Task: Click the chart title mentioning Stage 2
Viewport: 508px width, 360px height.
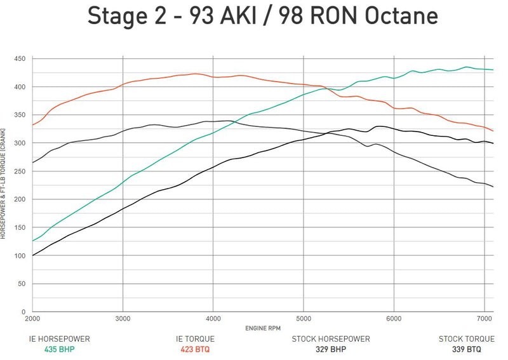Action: tap(254, 16)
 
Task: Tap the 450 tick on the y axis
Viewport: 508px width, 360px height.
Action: tap(20, 59)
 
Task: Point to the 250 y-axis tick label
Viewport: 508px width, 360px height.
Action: tap(20, 171)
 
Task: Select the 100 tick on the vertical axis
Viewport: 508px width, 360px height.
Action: tap(20, 256)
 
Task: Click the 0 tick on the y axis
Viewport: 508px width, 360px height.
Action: tap(23, 312)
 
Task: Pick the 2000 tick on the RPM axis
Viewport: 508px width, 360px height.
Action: tap(32, 318)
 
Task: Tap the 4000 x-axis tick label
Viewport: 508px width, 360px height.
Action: tap(213, 318)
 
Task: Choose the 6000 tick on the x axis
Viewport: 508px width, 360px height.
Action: tap(394, 318)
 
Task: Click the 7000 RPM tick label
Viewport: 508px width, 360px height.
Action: tap(485, 318)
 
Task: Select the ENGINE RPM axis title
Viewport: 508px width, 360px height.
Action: tap(262, 328)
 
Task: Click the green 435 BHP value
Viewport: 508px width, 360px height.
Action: tap(60, 349)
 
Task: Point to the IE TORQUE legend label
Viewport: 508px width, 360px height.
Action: tap(196, 339)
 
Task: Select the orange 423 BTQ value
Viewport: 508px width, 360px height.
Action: tap(196, 349)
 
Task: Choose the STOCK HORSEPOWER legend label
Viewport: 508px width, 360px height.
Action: tap(331, 339)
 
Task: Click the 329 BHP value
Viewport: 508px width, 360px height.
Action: tap(331, 349)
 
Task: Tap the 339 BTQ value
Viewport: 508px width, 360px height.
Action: tap(467, 349)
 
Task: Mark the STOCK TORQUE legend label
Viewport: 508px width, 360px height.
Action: tap(467, 339)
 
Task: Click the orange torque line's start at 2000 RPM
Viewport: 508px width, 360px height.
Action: tap(33, 124)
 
